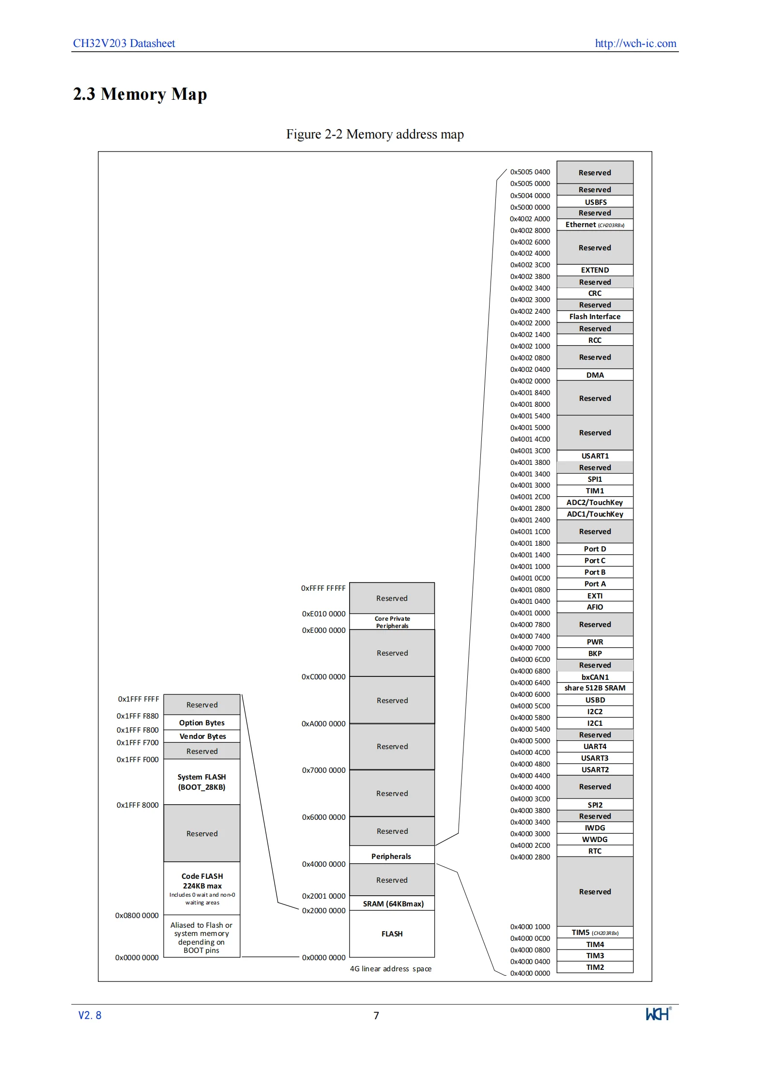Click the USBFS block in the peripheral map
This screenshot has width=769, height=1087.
[595, 201]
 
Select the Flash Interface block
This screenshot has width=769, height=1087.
[595, 317]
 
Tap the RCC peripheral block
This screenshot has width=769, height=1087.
[595, 340]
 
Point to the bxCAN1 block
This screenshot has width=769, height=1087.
[595, 677]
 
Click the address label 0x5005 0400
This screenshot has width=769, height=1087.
[530, 172]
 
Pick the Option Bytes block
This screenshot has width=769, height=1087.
[202, 722]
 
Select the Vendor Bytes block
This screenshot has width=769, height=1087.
[202, 736]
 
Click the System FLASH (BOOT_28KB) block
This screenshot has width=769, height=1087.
[202, 782]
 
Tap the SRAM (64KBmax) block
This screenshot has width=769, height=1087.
[392, 903]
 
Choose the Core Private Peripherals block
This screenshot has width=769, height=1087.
[392, 622]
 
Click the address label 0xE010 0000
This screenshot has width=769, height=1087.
[323, 614]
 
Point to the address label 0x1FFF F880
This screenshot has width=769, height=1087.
[138, 716]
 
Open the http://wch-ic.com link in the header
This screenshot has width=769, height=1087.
[635, 43]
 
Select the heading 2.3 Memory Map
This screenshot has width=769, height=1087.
[140, 94]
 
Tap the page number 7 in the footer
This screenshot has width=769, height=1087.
[376, 1015]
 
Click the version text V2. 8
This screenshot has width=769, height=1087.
[90, 1015]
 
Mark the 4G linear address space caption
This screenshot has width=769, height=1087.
[391, 969]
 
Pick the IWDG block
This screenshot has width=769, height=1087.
[595, 828]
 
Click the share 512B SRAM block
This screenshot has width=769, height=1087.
[595, 688]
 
